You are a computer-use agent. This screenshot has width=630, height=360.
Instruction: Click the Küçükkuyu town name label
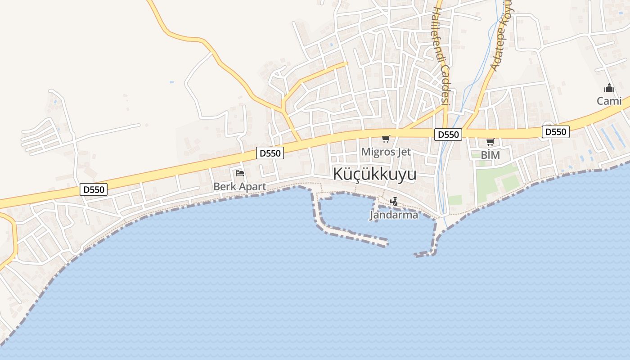(374, 175)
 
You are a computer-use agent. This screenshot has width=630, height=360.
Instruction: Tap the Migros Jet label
(386, 152)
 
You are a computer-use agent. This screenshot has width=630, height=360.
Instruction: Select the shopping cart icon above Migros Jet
(386, 139)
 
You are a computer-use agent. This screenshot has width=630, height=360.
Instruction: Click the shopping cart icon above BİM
(490, 142)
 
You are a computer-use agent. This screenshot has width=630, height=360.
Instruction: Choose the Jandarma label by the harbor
(394, 215)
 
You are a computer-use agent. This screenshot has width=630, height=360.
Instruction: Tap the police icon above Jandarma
(394, 202)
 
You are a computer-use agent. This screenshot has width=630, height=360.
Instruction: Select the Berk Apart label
(239, 186)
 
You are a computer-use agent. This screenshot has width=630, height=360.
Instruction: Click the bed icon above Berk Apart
(239, 173)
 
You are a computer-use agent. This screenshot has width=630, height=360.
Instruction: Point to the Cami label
(609, 101)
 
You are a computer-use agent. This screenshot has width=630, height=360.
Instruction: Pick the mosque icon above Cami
(609, 88)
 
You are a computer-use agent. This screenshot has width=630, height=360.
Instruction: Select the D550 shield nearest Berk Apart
(270, 153)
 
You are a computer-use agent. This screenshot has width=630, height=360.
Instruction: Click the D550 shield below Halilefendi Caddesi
(448, 135)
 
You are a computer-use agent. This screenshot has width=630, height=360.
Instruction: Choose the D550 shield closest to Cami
(556, 132)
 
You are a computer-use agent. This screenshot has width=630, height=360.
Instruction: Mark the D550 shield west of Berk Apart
(94, 189)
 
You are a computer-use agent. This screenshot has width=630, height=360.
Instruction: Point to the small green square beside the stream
(455, 200)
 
